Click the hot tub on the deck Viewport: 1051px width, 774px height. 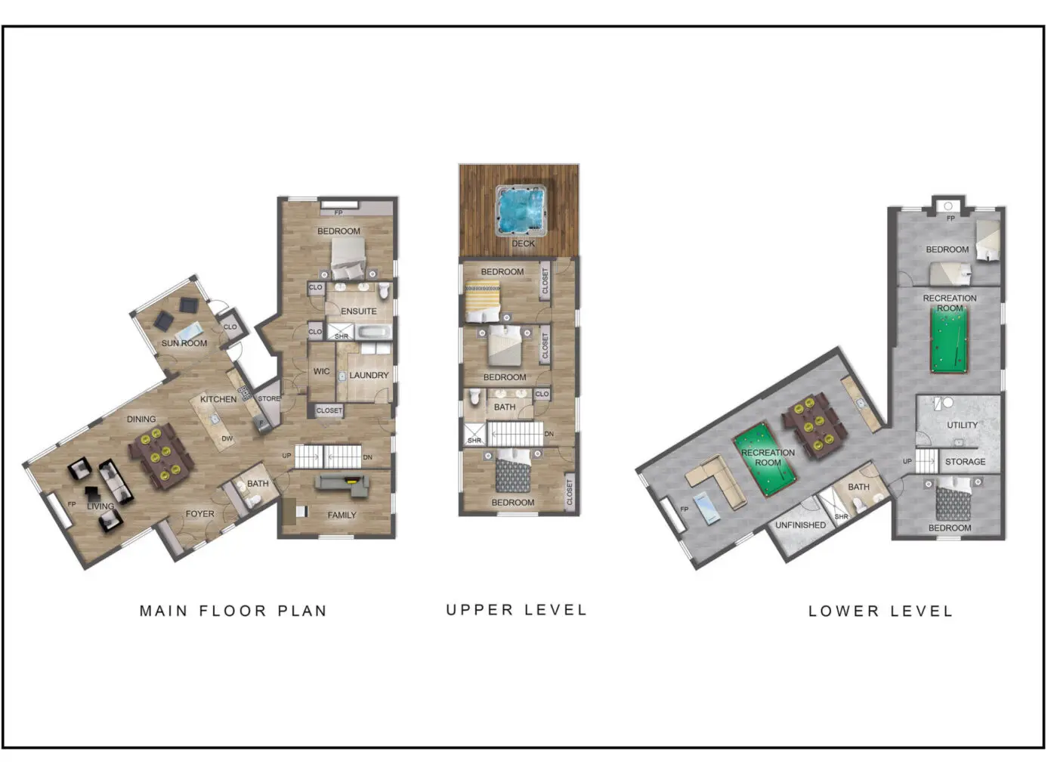pyautogui.click(x=522, y=210)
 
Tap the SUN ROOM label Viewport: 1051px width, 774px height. pyautogui.click(x=184, y=343)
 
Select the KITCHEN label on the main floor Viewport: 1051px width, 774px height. pyautogui.click(x=218, y=399)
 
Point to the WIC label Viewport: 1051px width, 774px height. pyautogui.click(x=321, y=371)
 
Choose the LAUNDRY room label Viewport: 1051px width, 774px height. pyautogui.click(x=369, y=375)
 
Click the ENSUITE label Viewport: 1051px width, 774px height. pyautogui.click(x=358, y=311)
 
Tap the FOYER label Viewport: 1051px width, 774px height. pyautogui.click(x=200, y=513)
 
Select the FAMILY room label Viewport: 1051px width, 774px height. pyautogui.click(x=342, y=515)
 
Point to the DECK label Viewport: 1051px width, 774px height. pyautogui.click(x=523, y=243)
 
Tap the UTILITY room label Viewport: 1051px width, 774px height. pyautogui.click(x=962, y=425)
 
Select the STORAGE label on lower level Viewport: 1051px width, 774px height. pyautogui.click(x=965, y=461)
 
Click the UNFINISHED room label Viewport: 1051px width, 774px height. pyautogui.click(x=800, y=525)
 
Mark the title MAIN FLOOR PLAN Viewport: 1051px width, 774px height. pyautogui.click(x=233, y=611)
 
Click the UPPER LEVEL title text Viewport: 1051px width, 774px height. pyautogui.click(x=517, y=610)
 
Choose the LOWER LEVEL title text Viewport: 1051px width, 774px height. pyautogui.click(x=881, y=611)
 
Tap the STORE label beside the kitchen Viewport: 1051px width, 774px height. pyautogui.click(x=269, y=398)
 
